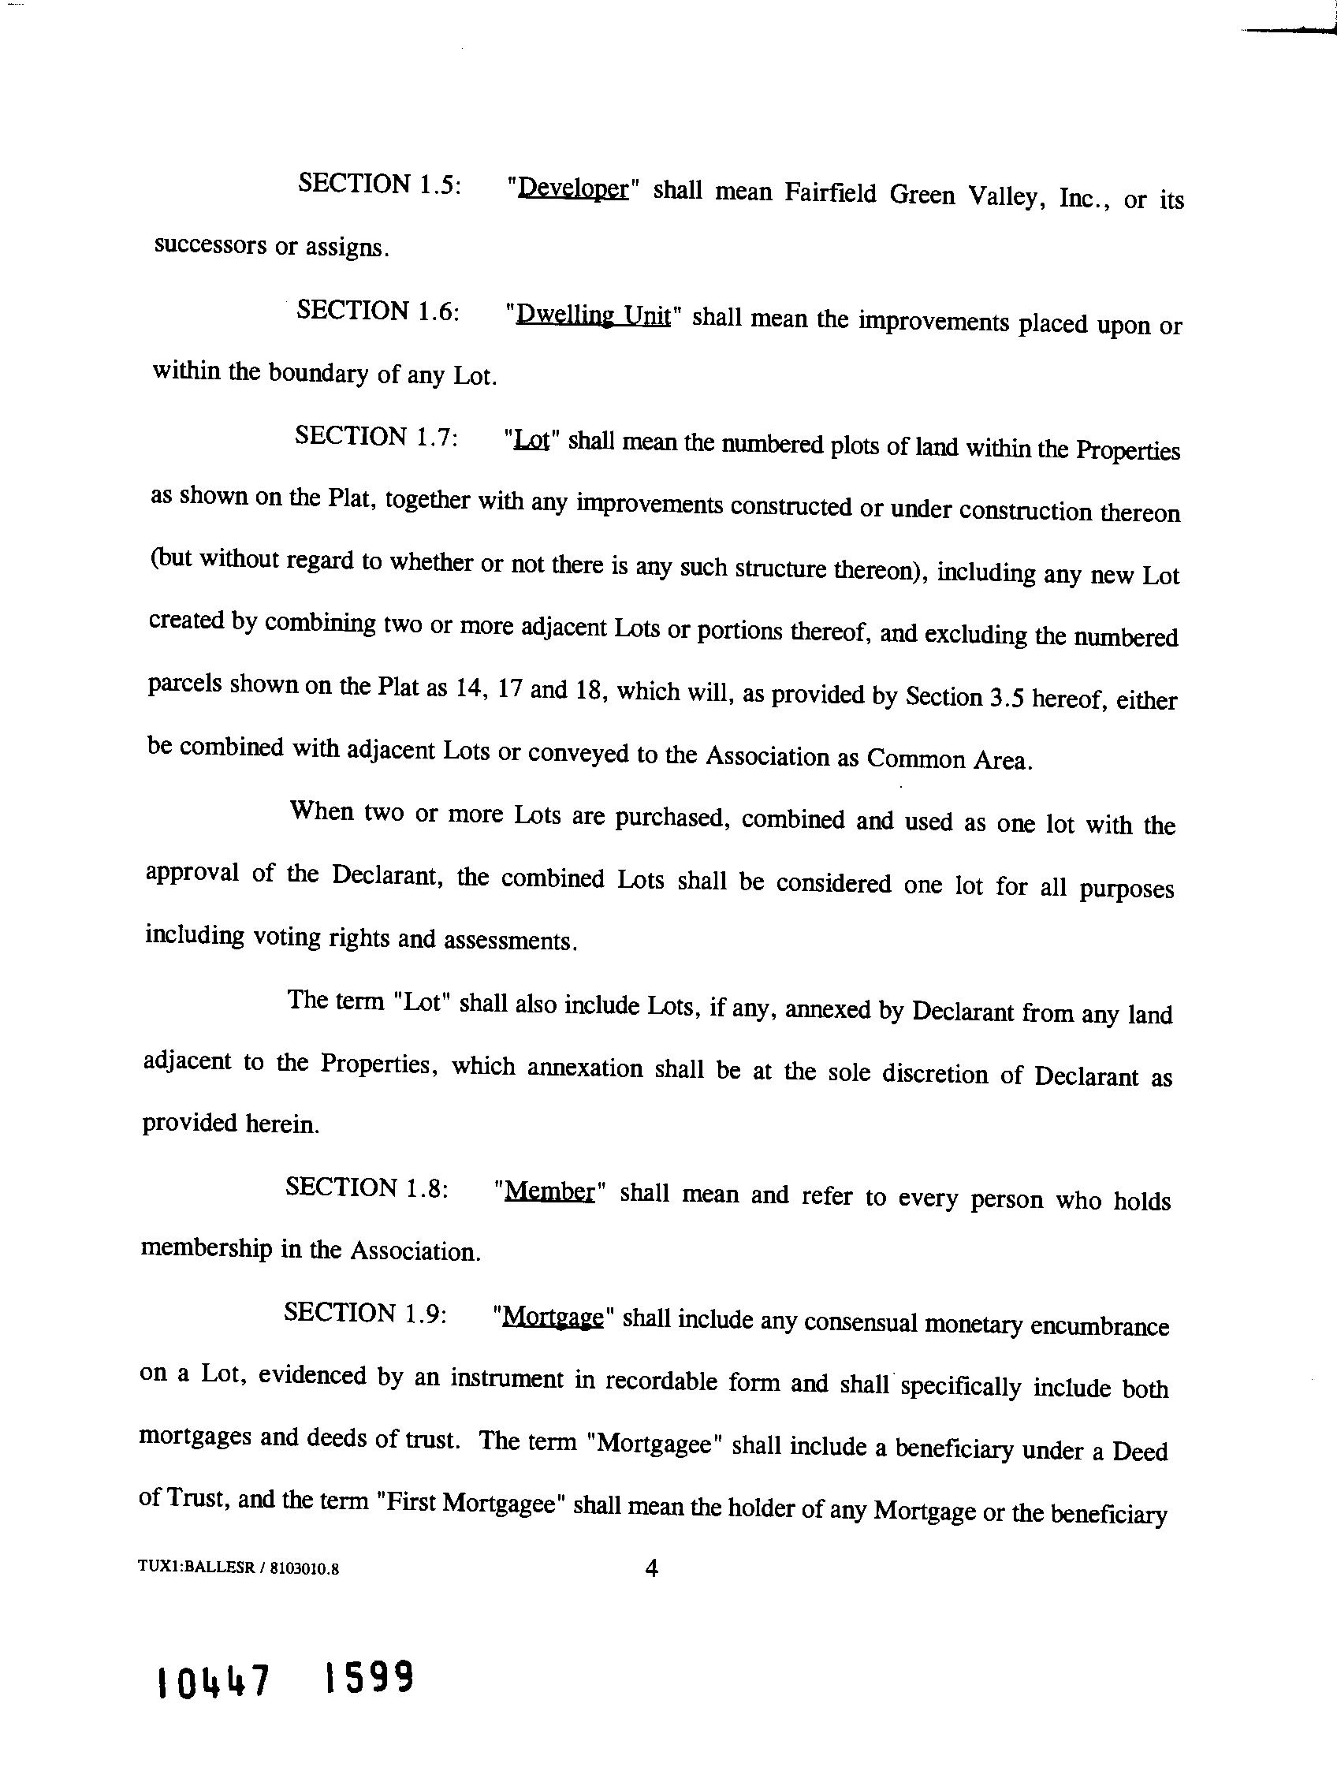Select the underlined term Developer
pyautogui.click(x=573, y=188)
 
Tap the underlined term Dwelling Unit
pyautogui.click(x=593, y=315)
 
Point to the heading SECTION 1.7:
pyautogui.click(x=376, y=436)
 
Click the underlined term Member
pyautogui.click(x=550, y=1191)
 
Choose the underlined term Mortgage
pyautogui.click(x=552, y=1316)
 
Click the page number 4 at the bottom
pyautogui.click(x=651, y=1568)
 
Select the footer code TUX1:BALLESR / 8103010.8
pyautogui.click(x=239, y=1568)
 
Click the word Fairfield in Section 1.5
pyautogui.click(x=831, y=193)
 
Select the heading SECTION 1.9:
pyautogui.click(x=364, y=1313)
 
